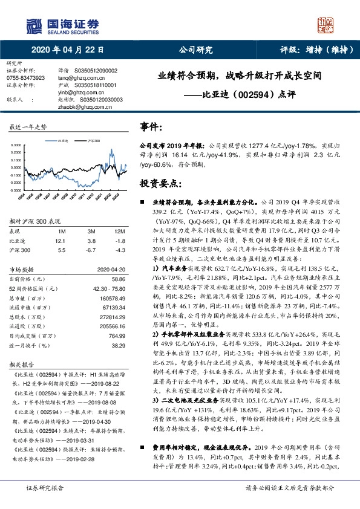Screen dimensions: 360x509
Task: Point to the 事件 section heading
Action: (x=152, y=127)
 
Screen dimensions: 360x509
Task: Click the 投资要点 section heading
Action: (x=157, y=183)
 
